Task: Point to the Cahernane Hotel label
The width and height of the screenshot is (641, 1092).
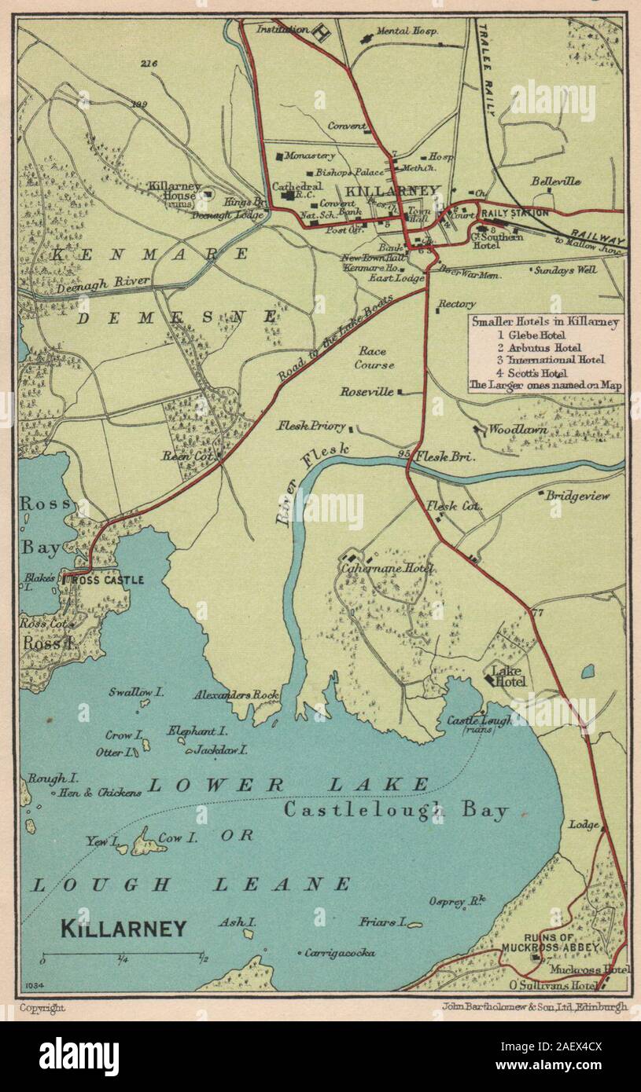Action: (x=387, y=568)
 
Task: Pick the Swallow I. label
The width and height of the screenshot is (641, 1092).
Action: (x=136, y=692)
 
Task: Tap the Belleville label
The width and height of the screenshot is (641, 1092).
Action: (x=555, y=181)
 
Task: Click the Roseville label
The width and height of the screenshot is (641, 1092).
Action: (x=367, y=391)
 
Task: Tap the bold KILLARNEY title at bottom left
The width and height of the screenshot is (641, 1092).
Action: (x=123, y=929)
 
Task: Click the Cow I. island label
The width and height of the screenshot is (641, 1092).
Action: (x=170, y=838)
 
